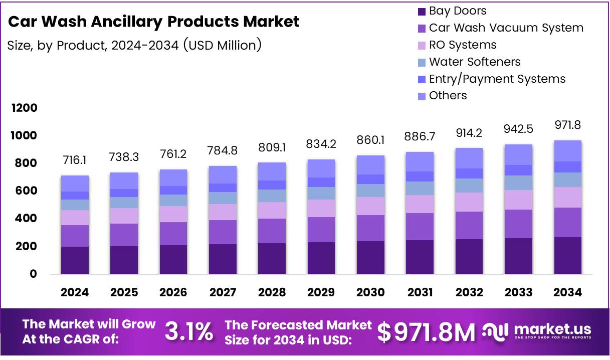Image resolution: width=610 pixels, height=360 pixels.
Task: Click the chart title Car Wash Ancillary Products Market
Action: coord(154,22)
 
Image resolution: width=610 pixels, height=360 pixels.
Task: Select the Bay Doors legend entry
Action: coord(458,11)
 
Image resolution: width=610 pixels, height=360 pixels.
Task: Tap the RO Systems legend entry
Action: coord(463,45)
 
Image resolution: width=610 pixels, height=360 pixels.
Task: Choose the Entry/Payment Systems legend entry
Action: coord(497,79)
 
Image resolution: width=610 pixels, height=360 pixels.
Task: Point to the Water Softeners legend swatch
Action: coord(422,62)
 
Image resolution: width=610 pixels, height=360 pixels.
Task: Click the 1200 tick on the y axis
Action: coord(25,108)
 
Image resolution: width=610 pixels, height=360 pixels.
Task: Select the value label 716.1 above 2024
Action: coord(75,160)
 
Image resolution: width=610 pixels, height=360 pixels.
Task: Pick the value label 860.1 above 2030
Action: coord(370,140)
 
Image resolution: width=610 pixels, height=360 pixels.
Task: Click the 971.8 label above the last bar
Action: coord(567,125)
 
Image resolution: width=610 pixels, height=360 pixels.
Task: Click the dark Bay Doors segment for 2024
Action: coord(75,260)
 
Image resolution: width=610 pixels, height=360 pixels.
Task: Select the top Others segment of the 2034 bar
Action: coord(567,151)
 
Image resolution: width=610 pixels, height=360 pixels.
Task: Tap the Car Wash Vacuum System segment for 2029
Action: coord(321,230)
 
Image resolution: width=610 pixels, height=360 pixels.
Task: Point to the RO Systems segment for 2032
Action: coord(469,202)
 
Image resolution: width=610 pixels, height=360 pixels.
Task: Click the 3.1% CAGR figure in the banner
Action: coord(189,332)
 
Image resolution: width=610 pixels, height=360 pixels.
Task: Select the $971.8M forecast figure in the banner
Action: coord(426,332)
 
